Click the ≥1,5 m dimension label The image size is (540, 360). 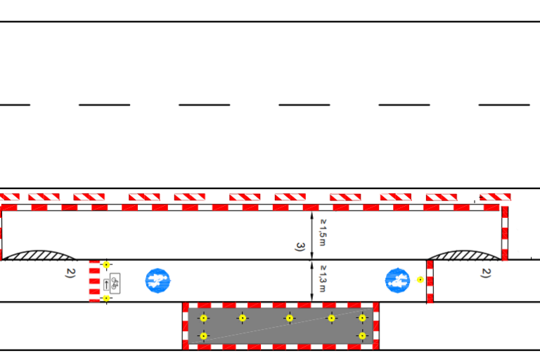323,233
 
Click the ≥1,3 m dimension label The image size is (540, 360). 323,278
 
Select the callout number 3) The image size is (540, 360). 300,247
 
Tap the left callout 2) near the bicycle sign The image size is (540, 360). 70,273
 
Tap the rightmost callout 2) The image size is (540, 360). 486,273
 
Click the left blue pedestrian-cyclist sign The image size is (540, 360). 157,281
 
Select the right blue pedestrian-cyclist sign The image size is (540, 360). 397,281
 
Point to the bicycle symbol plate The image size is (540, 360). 115,283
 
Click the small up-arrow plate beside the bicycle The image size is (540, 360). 106,285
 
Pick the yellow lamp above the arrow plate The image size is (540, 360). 106,264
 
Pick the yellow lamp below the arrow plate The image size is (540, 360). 106,298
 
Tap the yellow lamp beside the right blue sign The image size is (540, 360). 420,279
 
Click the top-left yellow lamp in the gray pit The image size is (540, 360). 203,318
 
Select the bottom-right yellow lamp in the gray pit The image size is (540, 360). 362,335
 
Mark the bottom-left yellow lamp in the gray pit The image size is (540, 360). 203,335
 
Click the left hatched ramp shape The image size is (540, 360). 39,256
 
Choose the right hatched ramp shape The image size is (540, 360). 465,255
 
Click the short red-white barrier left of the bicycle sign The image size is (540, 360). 94,281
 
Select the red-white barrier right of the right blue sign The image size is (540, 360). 430,282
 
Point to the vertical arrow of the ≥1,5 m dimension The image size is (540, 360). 312,236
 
